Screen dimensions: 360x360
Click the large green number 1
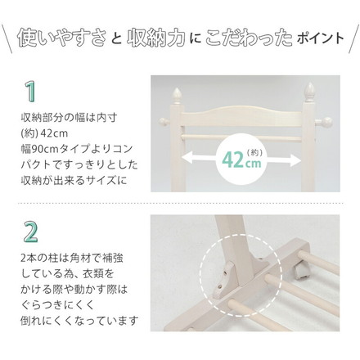point(30,89)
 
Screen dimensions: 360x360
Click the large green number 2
point(30,232)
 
